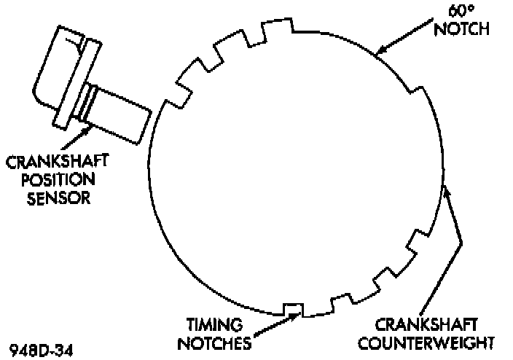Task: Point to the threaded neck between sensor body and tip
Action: pos(88,101)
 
